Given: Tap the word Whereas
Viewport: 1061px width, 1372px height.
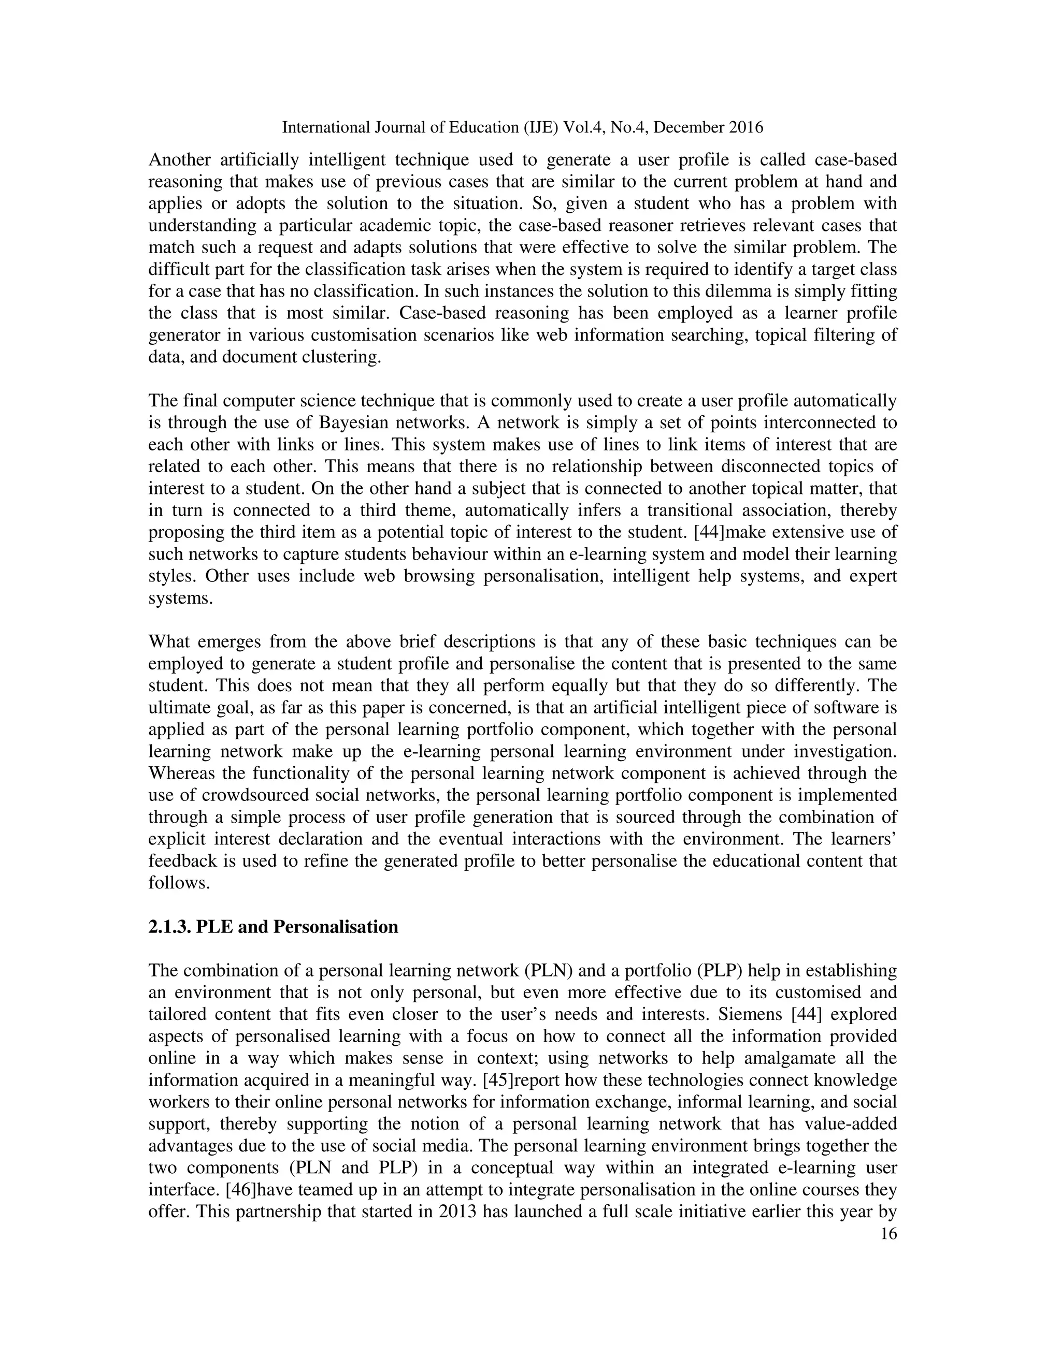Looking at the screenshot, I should (x=182, y=773).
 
